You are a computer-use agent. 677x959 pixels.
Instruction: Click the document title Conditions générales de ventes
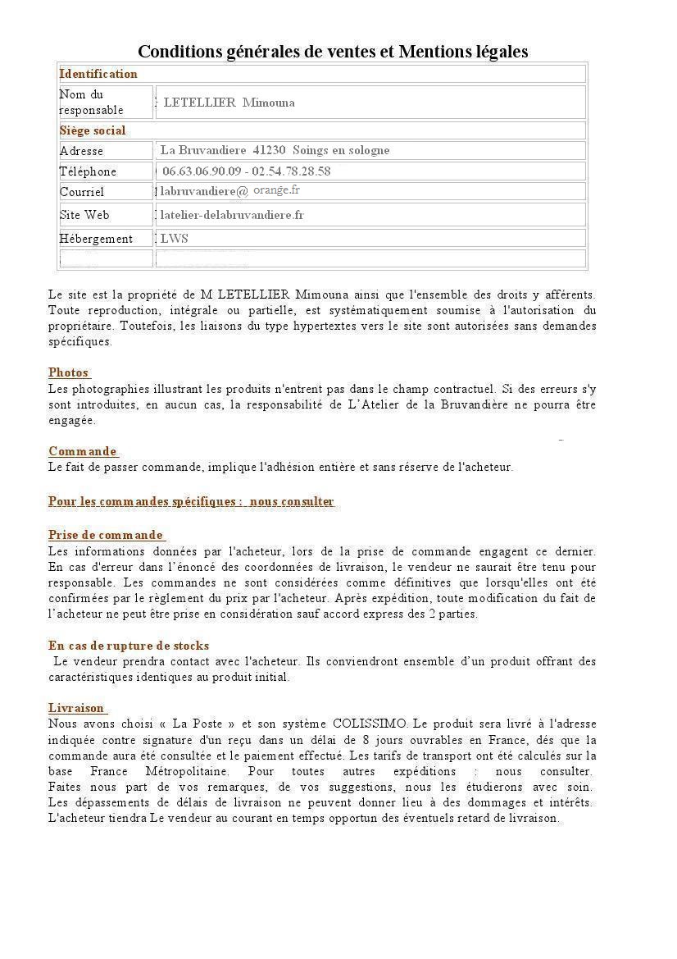coord(332,52)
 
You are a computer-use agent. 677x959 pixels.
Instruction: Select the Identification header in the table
coord(98,74)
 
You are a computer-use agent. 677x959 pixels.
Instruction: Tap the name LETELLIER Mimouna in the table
coord(229,103)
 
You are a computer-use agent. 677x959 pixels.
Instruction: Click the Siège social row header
coord(93,130)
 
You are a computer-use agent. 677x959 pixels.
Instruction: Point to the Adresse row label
coord(81,151)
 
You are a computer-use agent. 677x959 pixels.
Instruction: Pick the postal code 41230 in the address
coord(270,150)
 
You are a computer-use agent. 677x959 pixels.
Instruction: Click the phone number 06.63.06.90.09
coord(202,171)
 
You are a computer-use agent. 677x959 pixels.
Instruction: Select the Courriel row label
coord(82,192)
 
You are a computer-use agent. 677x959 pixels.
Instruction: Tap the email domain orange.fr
coord(276,190)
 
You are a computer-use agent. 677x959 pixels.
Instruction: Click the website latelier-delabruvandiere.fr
coord(232,215)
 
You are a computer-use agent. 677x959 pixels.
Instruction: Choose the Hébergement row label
coord(96,239)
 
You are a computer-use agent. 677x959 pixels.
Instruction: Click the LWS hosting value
coord(175,239)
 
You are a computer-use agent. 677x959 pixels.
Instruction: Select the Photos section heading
coord(69,372)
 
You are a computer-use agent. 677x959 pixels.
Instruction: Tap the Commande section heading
coord(83,451)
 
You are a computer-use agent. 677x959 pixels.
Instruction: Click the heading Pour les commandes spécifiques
coord(191,501)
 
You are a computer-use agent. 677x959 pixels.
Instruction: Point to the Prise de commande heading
coord(106,536)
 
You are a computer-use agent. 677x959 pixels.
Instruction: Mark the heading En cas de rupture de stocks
coord(129,646)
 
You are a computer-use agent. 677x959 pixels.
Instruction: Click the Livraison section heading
coord(77,708)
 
